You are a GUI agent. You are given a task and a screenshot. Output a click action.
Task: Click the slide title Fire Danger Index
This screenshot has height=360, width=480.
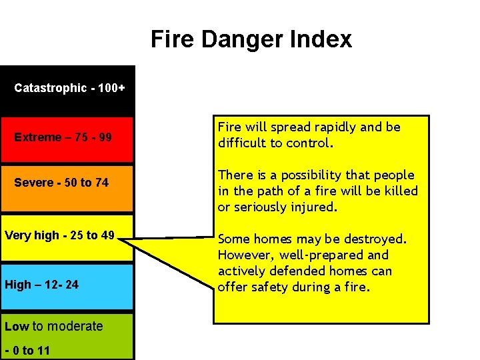[x=251, y=39]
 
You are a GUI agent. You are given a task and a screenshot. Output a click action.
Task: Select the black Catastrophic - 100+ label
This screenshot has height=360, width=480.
[x=69, y=88]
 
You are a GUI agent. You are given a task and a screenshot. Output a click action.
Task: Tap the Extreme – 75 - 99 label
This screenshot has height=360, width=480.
[x=63, y=137]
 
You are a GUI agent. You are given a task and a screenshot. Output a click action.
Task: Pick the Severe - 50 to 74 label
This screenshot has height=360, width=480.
[x=61, y=183]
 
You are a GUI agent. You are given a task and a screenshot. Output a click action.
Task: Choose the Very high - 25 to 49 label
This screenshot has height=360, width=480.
[x=59, y=235]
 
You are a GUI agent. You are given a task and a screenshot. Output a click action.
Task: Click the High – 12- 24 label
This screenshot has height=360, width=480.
[x=41, y=285]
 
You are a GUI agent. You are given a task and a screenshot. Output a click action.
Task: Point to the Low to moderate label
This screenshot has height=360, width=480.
[x=53, y=326]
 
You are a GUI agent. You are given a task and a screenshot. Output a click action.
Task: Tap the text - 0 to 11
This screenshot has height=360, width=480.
[x=27, y=351]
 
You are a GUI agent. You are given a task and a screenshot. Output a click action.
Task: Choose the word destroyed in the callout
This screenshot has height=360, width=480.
[x=377, y=239]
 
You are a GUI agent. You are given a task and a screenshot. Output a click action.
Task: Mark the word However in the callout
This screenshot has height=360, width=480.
[x=245, y=255]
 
